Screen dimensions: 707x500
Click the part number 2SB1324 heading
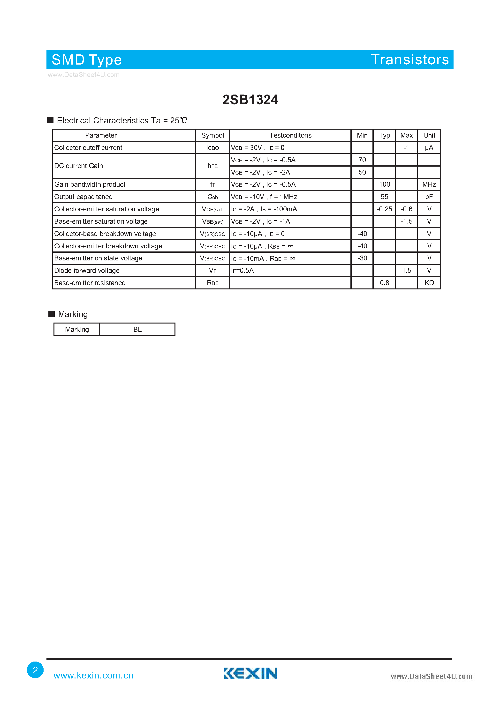pyautogui.click(x=250, y=100)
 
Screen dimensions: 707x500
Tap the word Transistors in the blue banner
pyautogui.click(x=410, y=59)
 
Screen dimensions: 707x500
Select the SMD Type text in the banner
pyautogui.click(x=87, y=60)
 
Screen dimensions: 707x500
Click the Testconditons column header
pyautogui.click(x=290, y=135)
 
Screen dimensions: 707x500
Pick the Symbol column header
pyautogui.click(x=212, y=135)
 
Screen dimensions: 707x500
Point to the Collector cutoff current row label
pyautogui.click(x=88, y=147)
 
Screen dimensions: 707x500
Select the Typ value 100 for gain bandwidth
pyautogui.click(x=384, y=184)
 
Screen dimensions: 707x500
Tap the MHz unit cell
pyautogui.click(x=429, y=184)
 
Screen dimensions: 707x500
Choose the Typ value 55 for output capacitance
pyautogui.click(x=384, y=197)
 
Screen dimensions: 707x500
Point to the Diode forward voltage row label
pyautogui.click(x=87, y=270)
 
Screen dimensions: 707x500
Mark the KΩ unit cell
pyautogui.click(x=429, y=283)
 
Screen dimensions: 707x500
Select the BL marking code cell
pyautogui.click(x=137, y=330)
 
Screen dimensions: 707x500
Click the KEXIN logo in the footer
pyautogui.click(x=250, y=673)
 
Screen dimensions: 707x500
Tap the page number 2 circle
pyautogui.click(x=35, y=670)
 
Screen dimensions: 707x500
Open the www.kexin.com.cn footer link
pyautogui.click(x=93, y=675)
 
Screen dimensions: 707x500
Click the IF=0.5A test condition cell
pyautogui.click(x=242, y=270)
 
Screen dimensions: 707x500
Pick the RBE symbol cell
pyautogui.click(x=212, y=283)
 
